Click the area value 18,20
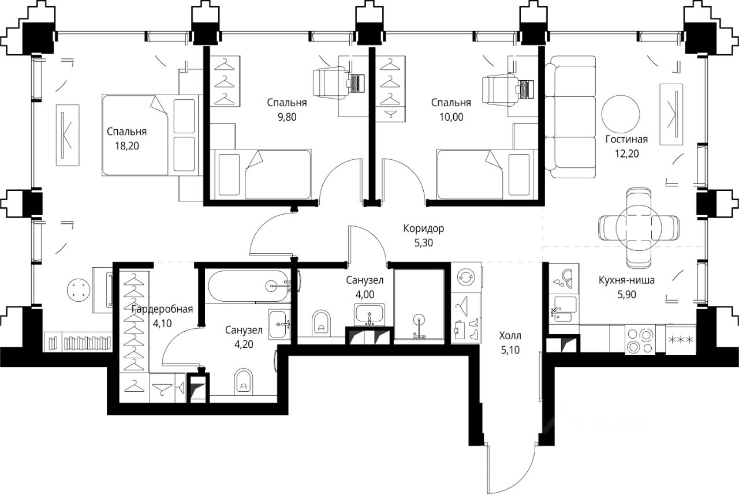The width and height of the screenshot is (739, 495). (126, 145)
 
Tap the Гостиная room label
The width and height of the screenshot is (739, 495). (626, 140)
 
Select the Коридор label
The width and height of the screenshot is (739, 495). (424, 228)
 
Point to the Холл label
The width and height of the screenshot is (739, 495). (510, 336)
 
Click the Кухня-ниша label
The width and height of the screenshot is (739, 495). (626, 280)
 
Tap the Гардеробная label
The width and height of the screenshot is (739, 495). (162, 309)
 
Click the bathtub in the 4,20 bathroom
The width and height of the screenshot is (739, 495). (248, 286)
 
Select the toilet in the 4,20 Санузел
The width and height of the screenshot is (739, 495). (243, 381)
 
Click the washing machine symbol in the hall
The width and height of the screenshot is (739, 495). (466, 277)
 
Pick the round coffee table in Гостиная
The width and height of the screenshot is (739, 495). (621, 114)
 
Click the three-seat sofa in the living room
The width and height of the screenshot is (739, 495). (570, 117)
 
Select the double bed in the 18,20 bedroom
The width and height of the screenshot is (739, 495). (152, 135)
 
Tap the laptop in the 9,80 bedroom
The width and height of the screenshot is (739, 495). (356, 84)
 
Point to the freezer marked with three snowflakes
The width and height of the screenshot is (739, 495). (680, 340)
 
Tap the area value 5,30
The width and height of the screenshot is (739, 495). (424, 243)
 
